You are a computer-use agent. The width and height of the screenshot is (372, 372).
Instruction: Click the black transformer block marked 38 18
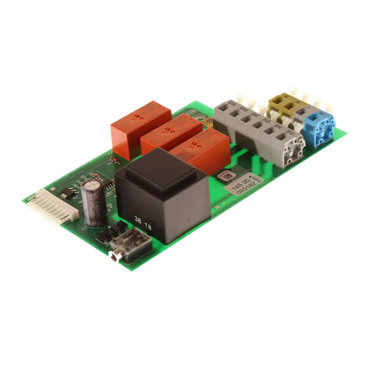point(163,196)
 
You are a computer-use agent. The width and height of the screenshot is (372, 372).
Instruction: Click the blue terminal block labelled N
point(320,128)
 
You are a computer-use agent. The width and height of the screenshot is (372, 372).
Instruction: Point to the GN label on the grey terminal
point(231,103)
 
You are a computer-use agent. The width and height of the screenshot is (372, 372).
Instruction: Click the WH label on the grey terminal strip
point(243,109)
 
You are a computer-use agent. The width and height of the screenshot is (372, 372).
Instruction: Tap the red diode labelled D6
point(114,160)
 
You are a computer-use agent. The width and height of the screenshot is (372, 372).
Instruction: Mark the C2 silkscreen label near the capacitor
point(84,227)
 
